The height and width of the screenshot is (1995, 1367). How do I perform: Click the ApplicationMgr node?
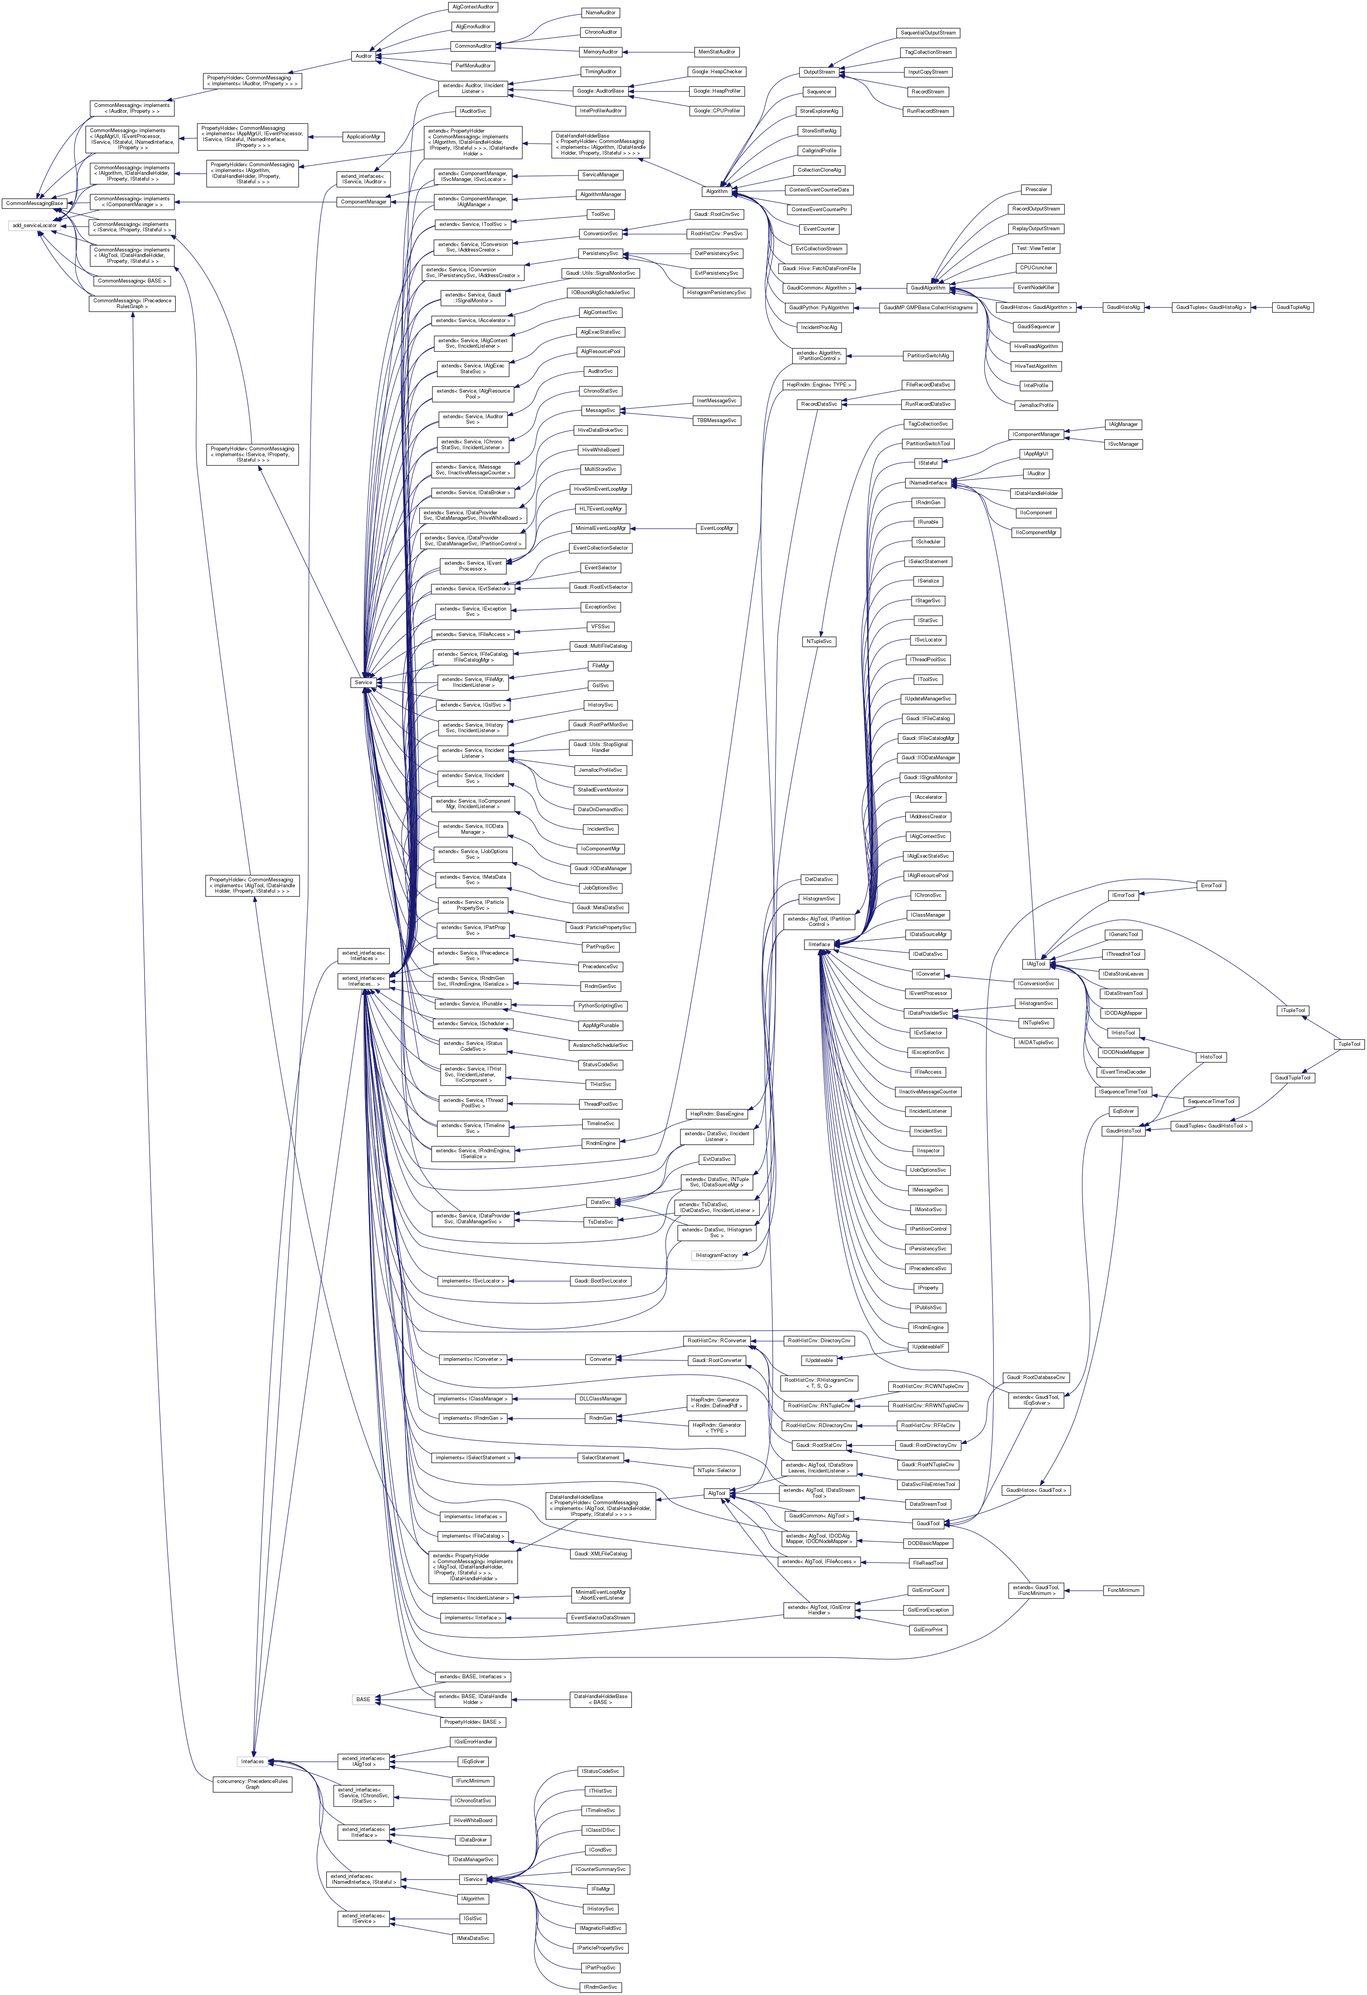[x=363, y=136]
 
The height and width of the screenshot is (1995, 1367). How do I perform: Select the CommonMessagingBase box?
[x=34, y=203]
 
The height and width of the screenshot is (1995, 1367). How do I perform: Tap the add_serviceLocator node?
[x=34, y=226]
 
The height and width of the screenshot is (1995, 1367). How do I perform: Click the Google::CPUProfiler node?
[x=716, y=111]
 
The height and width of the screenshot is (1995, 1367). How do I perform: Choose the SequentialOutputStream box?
[x=928, y=33]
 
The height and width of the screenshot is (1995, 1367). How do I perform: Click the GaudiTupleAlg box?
[x=1293, y=307]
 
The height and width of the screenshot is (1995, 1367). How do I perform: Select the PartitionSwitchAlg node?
[x=928, y=355]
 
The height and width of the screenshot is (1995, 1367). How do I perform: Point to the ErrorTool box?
[x=1211, y=885]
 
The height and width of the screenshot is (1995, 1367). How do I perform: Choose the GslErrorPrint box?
[x=928, y=1629]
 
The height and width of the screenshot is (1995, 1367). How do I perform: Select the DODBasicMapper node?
[x=928, y=1543]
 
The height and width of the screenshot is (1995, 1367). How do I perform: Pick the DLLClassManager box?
[x=600, y=1398]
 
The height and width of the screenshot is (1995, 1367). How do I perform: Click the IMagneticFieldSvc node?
[x=600, y=1928]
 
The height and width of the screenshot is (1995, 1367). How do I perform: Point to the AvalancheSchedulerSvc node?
[x=600, y=1045]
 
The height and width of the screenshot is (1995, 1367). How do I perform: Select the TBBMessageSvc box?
[x=716, y=421]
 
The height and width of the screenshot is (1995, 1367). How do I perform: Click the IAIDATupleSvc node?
[x=1036, y=1042]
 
